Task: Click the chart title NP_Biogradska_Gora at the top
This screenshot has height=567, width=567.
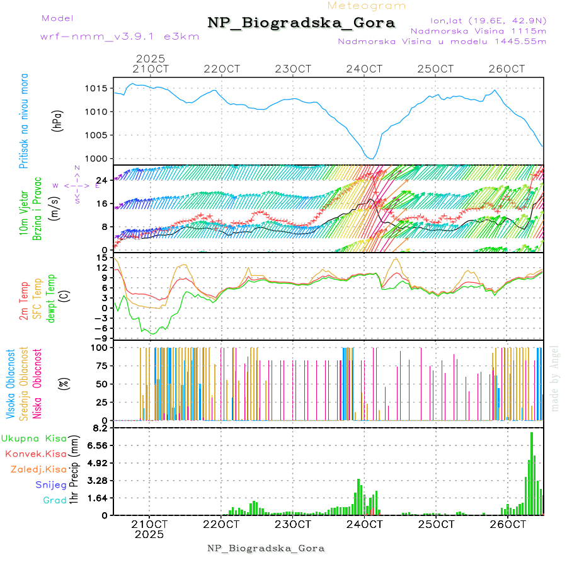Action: click(301, 23)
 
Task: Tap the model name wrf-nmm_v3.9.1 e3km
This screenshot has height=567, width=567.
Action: click(120, 36)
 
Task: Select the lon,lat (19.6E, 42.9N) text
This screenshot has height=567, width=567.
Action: click(488, 20)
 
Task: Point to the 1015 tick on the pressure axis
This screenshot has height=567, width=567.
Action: click(98, 88)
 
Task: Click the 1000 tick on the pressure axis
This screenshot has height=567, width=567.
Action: click(98, 158)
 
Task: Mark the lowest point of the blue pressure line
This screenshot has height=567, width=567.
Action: click(372, 159)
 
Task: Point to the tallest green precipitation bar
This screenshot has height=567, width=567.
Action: click(532, 472)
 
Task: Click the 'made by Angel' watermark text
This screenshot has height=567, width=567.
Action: click(555, 378)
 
